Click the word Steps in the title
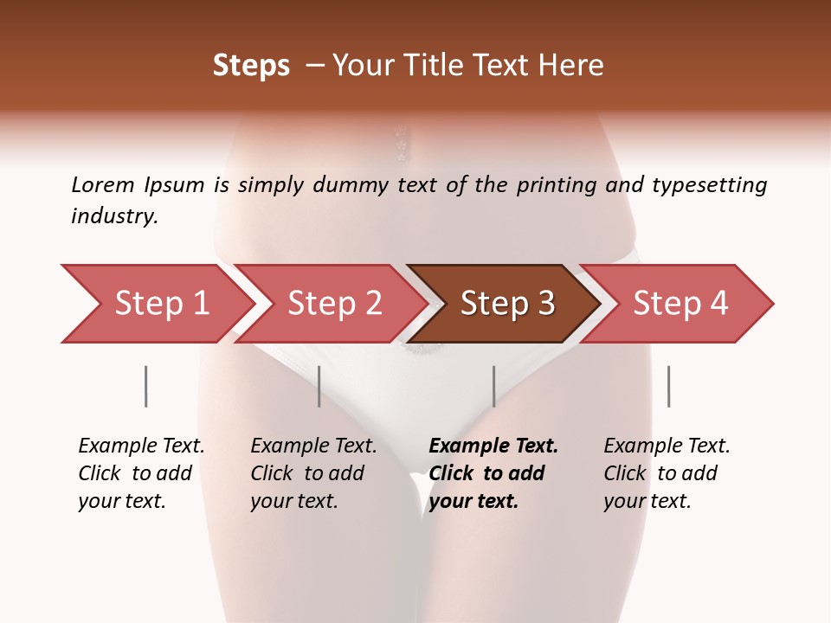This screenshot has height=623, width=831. [x=251, y=66]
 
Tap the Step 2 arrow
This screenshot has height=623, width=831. [x=334, y=304]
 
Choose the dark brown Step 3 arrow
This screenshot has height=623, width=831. [x=507, y=304]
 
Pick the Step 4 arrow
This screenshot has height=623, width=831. [x=680, y=304]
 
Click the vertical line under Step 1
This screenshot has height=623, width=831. [x=146, y=386]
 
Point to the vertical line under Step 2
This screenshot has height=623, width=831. [x=319, y=386]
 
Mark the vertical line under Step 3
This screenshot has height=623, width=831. [x=494, y=386]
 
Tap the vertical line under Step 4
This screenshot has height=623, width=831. [x=668, y=386]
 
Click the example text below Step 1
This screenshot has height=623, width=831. [x=141, y=473]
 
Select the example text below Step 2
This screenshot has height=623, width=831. [x=313, y=473]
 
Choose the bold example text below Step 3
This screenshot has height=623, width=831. [x=493, y=473]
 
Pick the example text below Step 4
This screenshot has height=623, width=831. [x=667, y=473]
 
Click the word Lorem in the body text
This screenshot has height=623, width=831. [x=103, y=185]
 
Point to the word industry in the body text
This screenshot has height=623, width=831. [x=114, y=216]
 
